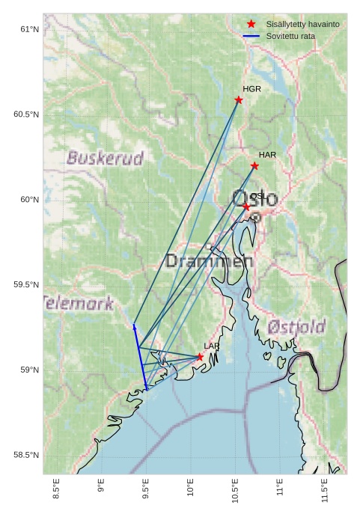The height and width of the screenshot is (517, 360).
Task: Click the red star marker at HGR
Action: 239,100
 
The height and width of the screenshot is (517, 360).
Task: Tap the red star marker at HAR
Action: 254,165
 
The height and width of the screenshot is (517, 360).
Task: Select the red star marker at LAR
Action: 200,357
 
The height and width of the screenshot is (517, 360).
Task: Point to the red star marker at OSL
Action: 246,207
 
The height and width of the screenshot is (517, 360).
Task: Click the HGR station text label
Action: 251,89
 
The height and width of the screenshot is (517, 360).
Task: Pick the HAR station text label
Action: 267,155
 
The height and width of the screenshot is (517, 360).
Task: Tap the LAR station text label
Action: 212,346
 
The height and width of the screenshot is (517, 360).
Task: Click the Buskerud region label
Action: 105,159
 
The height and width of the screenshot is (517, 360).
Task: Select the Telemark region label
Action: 79,304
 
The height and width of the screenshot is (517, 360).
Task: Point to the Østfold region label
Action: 296,327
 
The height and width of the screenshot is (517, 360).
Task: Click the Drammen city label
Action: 209,261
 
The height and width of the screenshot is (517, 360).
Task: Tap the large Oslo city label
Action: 254,199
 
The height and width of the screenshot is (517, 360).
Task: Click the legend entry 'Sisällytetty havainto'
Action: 302,25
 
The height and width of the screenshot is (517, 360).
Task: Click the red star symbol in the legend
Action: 251,25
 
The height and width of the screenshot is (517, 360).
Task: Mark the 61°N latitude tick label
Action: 28,29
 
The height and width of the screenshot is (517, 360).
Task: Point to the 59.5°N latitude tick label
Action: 25,285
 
